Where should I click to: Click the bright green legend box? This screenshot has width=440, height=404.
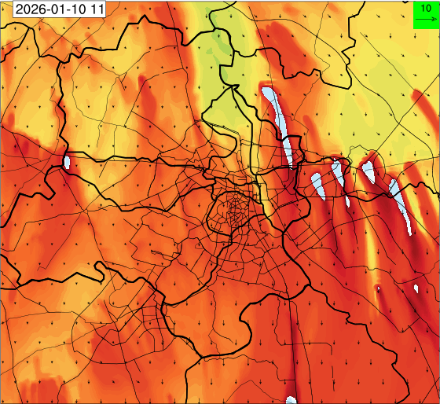(426, 14)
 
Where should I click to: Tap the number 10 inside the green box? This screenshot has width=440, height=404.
(426, 8)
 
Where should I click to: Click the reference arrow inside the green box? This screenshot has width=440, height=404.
(426, 19)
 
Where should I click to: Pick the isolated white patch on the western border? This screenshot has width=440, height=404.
(66, 163)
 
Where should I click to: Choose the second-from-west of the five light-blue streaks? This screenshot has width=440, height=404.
(317, 185)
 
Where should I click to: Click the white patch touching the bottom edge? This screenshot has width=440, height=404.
(291, 399)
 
